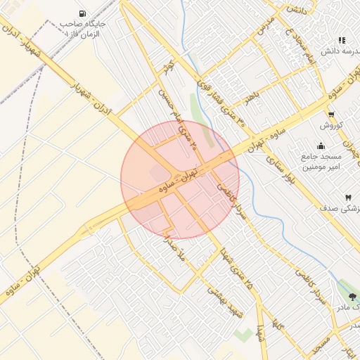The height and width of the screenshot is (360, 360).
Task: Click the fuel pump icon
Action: (83, 13)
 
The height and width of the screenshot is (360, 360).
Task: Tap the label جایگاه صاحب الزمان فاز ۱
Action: (83, 29)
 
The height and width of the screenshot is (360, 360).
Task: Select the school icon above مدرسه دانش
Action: (342, 41)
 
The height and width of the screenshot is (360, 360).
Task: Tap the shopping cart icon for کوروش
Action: (330, 115)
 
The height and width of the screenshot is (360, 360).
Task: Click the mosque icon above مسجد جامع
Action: (321, 146)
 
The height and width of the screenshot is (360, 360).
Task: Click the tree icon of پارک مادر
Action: (352, 297)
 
